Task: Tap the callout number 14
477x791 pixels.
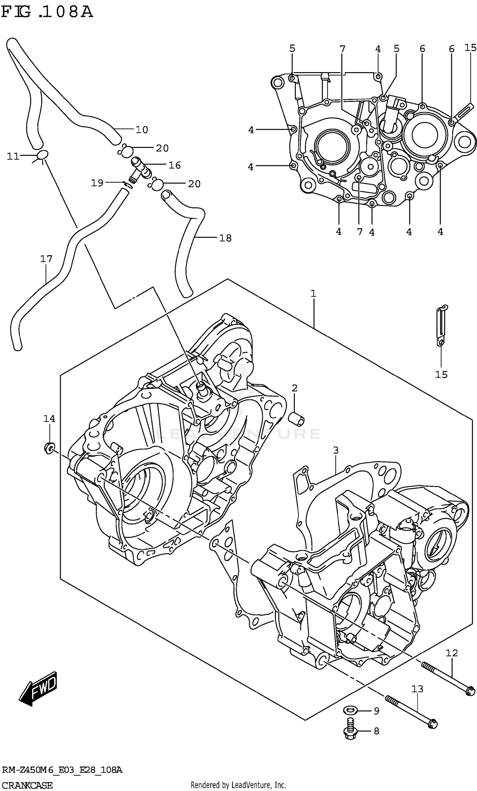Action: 49,418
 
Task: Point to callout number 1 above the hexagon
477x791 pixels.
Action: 313,293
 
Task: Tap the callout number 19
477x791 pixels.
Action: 97,183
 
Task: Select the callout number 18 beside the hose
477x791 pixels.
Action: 225,238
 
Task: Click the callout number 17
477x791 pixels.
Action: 46,258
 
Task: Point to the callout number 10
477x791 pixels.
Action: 142,130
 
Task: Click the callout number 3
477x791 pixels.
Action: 336,450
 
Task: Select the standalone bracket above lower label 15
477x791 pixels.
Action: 442,326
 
